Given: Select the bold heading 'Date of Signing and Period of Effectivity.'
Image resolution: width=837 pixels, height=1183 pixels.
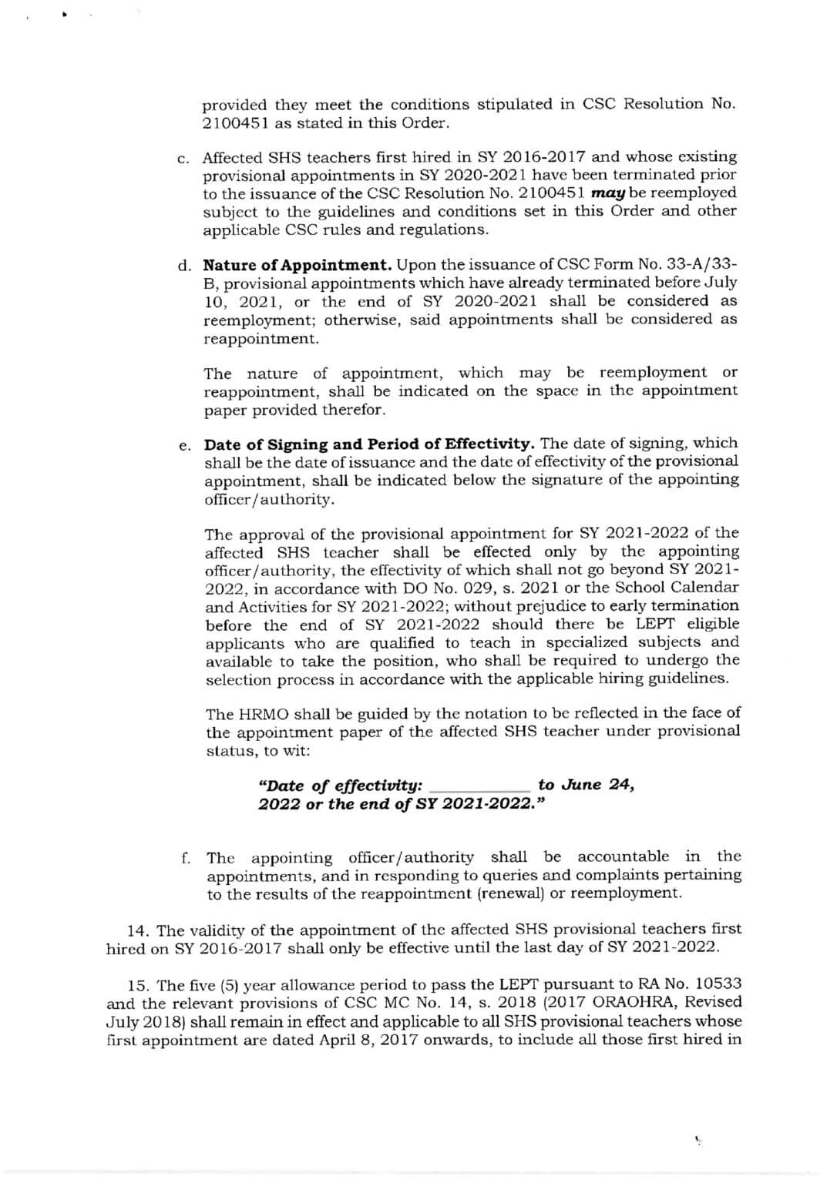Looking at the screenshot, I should click(x=369, y=444).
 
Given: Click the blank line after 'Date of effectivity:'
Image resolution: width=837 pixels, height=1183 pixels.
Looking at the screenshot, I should click(x=479, y=787).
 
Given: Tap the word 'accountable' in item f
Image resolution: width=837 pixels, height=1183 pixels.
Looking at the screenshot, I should click(x=623, y=856).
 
